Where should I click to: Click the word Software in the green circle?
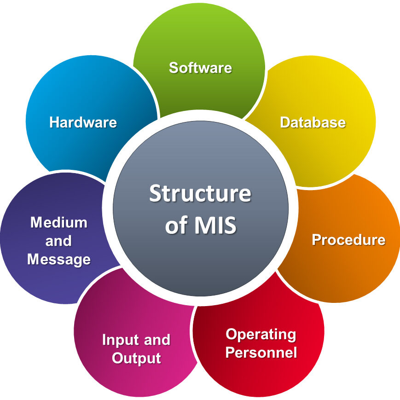point(201,68)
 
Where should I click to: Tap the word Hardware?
point(83,122)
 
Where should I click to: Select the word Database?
point(313,122)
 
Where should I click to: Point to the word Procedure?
point(348,240)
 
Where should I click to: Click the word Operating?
point(261,335)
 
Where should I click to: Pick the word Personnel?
point(261,352)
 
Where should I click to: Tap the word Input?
point(121,341)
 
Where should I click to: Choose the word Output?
point(137,359)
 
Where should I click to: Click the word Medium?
point(58,222)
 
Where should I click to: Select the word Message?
point(59,260)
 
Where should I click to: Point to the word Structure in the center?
point(200,193)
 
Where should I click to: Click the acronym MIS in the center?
point(215,225)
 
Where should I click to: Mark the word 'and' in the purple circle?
point(58,241)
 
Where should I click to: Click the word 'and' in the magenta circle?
point(157,340)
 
